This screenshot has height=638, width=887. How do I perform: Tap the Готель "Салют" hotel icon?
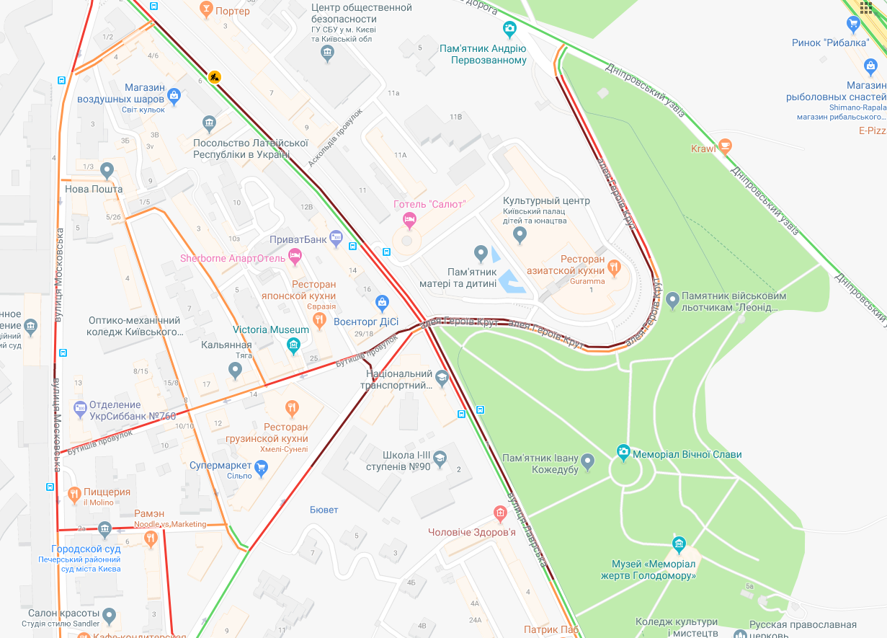[409, 218]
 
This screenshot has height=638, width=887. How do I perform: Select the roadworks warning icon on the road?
[214, 76]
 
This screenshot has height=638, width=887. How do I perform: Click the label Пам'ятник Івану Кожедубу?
[540, 464]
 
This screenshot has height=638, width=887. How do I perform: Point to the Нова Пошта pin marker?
[107, 171]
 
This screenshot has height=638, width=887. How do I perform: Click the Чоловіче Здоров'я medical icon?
[501, 514]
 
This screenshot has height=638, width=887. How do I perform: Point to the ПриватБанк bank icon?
[336, 236]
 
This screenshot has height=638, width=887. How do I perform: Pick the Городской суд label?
[86, 549]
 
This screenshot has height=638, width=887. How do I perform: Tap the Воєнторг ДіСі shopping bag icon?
[383, 301]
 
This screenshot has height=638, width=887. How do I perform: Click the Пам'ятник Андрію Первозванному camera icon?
[509, 29]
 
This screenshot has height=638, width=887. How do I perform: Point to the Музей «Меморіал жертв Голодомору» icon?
[678, 544]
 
